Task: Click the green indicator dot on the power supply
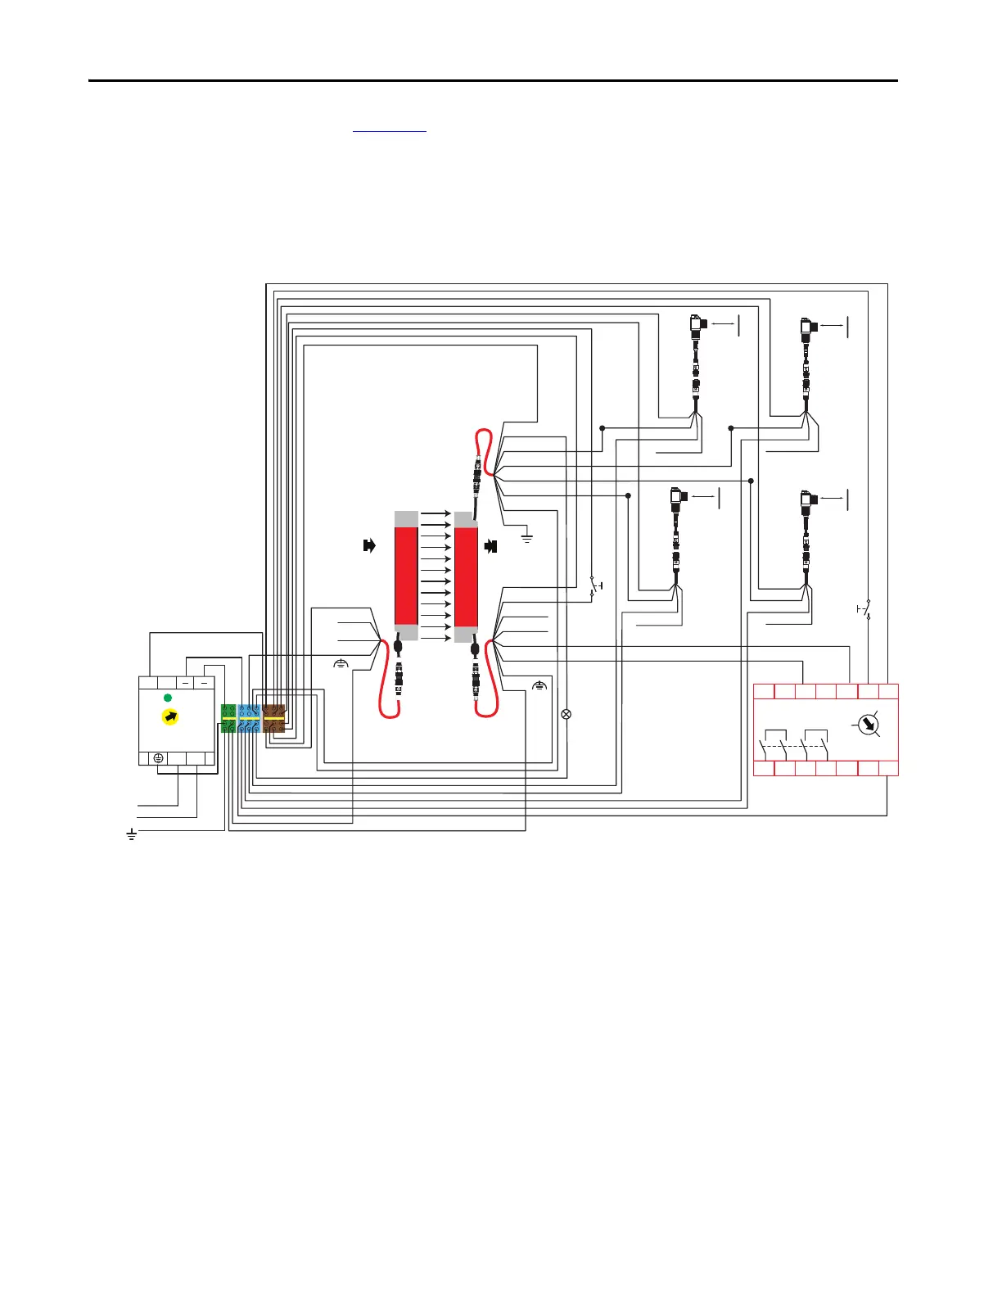(x=168, y=698)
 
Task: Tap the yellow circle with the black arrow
(x=170, y=717)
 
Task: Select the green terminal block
(x=228, y=718)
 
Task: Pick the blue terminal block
(x=250, y=718)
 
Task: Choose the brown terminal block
(x=273, y=718)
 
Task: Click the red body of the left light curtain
(x=406, y=576)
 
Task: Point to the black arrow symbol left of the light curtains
(x=369, y=545)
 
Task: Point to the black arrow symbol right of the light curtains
(x=491, y=545)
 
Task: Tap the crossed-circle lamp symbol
(x=565, y=714)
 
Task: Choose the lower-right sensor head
(x=808, y=499)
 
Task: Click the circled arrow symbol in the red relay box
(x=866, y=725)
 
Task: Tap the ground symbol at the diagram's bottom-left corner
(x=131, y=835)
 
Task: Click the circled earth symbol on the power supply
(x=158, y=758)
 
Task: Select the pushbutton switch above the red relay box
(x=865, y=609)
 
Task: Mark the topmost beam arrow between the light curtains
(x=436, y=513)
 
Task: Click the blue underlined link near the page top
(x=389, y=129)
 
